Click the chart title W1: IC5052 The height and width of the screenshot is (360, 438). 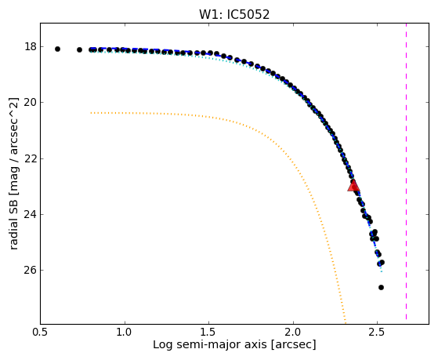click(x=234, y=15)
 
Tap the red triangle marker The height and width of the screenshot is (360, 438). click(x=353, y=186)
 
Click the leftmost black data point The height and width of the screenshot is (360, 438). click(x=57, y=49)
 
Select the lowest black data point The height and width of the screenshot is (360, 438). click(x=381, y=287)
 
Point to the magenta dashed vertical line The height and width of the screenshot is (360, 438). click(x=406, y=172)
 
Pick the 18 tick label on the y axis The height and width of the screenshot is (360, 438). click(x=31, y=46)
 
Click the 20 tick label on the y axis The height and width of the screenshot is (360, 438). click(x=31, y=103)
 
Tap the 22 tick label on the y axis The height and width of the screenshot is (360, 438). click(x=31, y=158)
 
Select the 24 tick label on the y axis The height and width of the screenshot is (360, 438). click(x=31, y=215)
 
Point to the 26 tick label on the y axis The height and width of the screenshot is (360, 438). click(x=31, y=271)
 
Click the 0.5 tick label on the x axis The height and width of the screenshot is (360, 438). click(x=40, y=332)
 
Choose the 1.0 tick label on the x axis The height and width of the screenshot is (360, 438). click(x=125, y=332)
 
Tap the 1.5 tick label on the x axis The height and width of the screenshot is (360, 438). click(x=209, y=332)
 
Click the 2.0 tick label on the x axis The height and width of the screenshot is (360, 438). click(x=293, y=332)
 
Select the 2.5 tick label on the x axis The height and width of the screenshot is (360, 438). click(x=378, y=332)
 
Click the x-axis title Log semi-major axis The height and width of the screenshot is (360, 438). click(x=210, y=345)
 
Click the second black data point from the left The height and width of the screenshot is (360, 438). click(x=79, y=49)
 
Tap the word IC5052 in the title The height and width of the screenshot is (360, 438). click(x=248, y=15)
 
